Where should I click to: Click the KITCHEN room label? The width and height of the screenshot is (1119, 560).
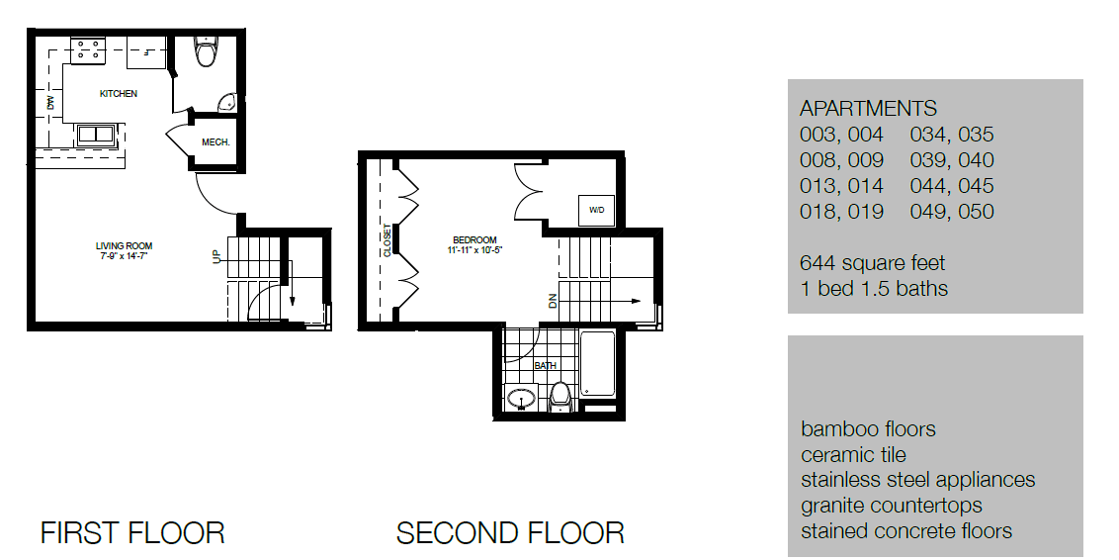[x=118, y=94]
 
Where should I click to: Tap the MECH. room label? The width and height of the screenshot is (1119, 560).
[x=215, y=142]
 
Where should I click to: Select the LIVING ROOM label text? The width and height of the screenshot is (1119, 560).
[x=124, y=246]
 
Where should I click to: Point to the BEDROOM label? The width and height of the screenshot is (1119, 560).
[x=475, y=239]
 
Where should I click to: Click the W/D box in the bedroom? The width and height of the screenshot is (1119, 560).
[x=596, y=211]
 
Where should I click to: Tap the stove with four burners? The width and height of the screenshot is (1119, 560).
[x=88, y=49]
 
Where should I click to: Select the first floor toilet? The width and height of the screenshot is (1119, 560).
[x=206, y=52]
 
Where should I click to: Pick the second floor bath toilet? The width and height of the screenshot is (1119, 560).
[x=560, y=396]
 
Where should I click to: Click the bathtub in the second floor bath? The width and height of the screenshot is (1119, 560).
[x=598, y=367]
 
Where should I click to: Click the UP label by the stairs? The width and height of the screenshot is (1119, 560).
[x=216, y=256]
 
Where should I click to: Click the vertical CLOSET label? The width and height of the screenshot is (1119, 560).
[x=387, y=240]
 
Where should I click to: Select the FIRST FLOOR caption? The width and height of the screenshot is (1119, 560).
[x=132, y=533]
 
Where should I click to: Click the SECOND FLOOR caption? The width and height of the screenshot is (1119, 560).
[x=510, y=533]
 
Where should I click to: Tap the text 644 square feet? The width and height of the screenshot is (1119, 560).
[x=872, y=263]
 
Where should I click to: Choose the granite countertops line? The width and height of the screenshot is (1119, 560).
[x=892, y=506]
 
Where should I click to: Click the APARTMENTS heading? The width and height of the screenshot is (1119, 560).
[x=868, y=109]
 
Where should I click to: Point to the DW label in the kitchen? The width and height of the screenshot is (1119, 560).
[x=49, y=101]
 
